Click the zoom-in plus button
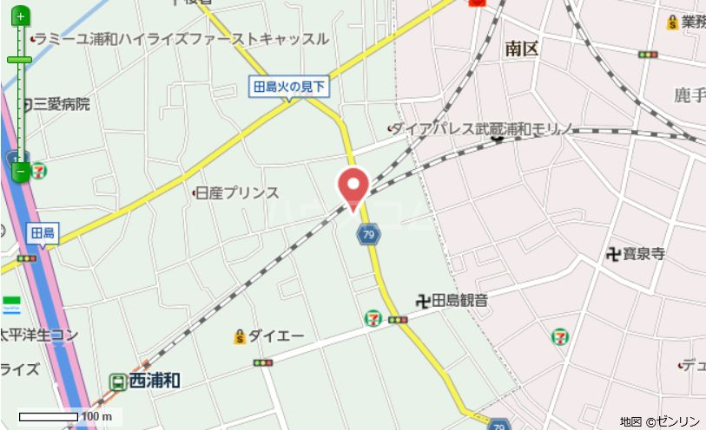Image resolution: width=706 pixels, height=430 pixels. [20, 16]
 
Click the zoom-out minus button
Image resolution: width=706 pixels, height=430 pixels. [20, 172]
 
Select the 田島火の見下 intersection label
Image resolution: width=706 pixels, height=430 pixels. [289, 86]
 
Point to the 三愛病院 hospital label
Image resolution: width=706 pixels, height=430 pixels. [61, 104]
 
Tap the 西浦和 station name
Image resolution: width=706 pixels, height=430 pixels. [154, 380]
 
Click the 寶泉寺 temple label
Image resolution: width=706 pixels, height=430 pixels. [642, 253]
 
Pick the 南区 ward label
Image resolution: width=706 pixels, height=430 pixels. [521, 49]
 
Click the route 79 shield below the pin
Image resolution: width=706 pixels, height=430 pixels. [369, 234]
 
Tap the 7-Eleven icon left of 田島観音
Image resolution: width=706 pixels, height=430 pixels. [373, 318]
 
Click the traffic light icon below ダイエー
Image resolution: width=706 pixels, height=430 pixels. [264, 362]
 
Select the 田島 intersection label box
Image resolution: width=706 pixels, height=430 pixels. [42, 232]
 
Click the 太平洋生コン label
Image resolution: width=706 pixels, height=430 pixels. [39, 335]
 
